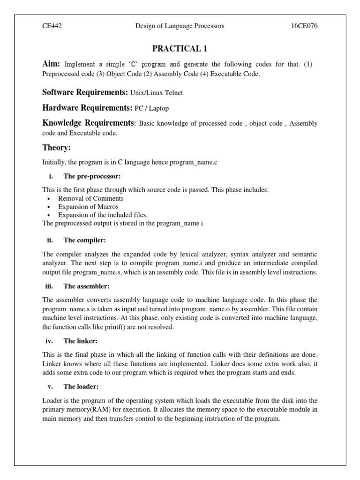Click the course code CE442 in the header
52,26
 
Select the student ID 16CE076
304,26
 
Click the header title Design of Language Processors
180,26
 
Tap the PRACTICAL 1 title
180,48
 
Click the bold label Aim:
51,64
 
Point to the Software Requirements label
85,92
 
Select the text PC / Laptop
151,108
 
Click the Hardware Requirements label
87,107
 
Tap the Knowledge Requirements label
88,123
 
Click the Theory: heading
56,148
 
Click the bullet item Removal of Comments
91,198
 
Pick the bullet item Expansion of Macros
88,207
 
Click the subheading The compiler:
84,240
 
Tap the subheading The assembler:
86,286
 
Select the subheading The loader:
81,387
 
